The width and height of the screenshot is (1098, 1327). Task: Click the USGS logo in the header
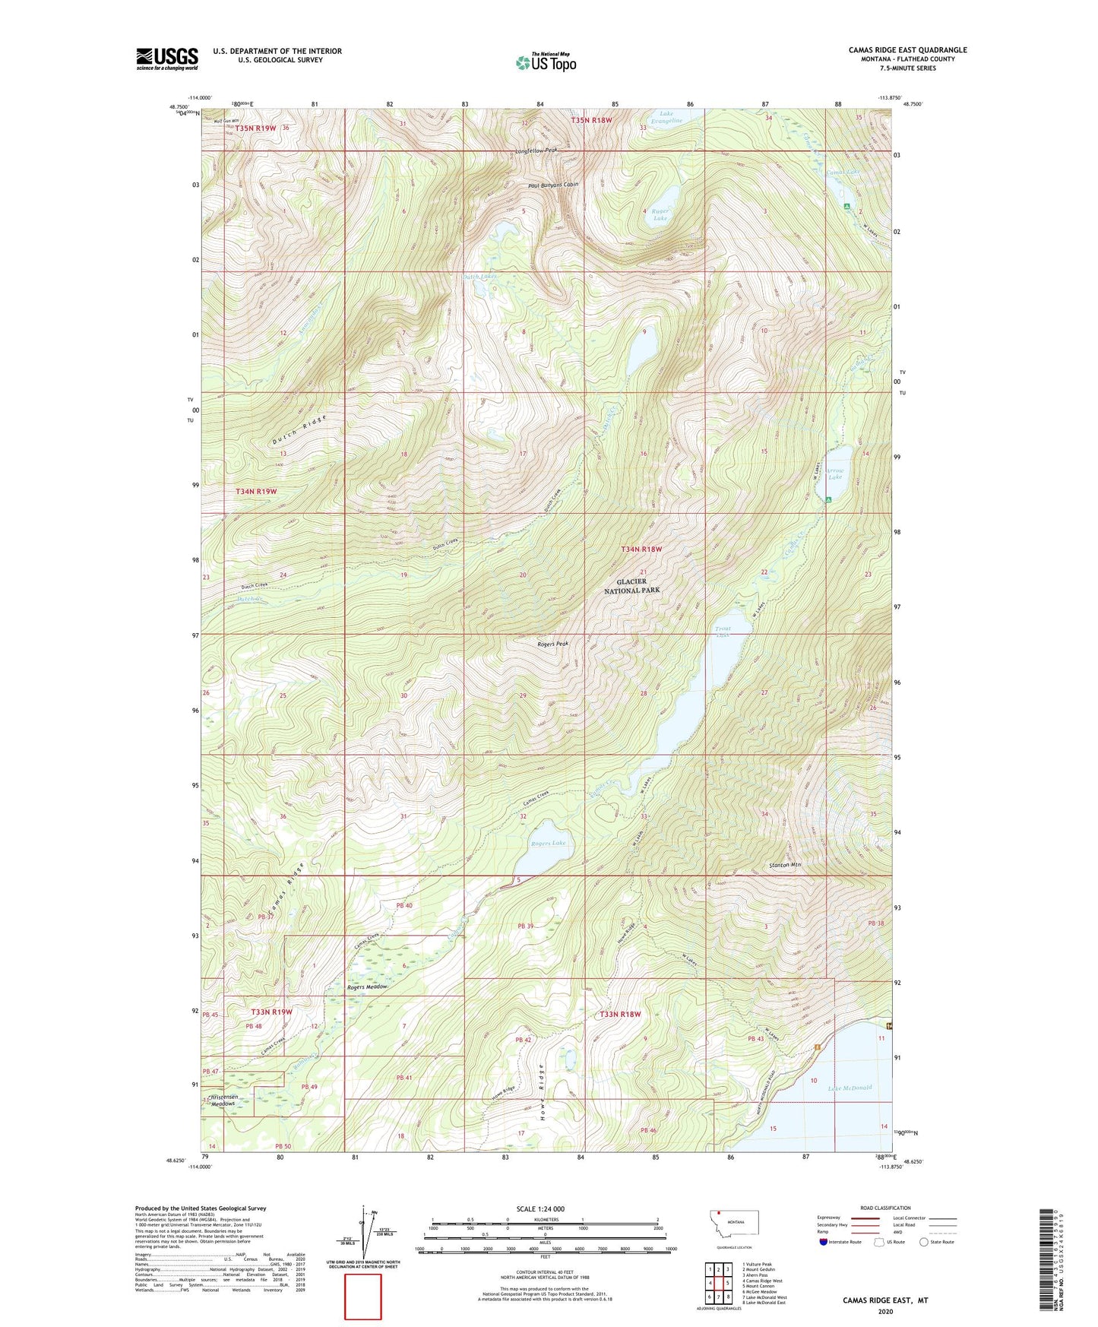pyautogui.click(x=167, y=59)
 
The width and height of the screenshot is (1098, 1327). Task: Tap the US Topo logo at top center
pyautogui.click(x=546, y=62)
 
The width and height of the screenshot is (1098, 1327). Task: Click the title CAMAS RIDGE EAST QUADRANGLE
pyautogui.click(x=907, y=50)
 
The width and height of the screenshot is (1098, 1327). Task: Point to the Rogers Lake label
pyautogui.click(x=548, y=843)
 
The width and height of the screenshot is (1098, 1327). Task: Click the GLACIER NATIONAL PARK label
pyautogui.click(x=631, y=585)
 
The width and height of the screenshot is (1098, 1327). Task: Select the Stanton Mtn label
pyautogui.click(x=785, y=865)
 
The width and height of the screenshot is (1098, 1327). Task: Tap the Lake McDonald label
pyautogui.click(x=849, y=1088)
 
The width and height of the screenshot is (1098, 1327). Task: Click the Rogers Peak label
pyautogui.click(x=552, y=644)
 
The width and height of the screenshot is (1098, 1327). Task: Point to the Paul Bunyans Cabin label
pyautogui.click(x=553, y=185)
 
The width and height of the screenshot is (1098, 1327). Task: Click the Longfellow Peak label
pyautogui.click(x=536, y=150)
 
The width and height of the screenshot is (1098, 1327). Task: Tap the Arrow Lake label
pyautogui.click(x=835, y=473)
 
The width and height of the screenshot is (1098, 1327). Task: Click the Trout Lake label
pyautogui.click(x=723, y=632)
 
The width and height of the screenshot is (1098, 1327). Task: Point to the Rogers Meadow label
pyautogui.click(x=367, y=987)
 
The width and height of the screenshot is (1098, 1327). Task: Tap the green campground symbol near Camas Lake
pyautogui.click(x=846, y=206)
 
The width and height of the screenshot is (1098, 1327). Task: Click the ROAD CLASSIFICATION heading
pyautogui.click(x=885, y=1208)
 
